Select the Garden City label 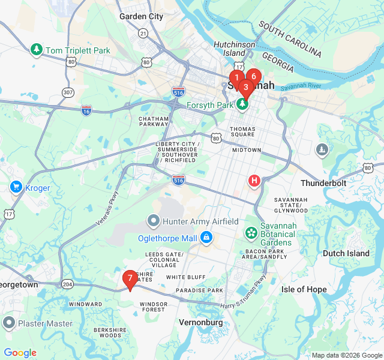click(x=141, y=17)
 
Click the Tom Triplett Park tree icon click(x=36, y=49)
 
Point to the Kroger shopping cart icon click(x=16, y=187)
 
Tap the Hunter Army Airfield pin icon click(x=154, y=221)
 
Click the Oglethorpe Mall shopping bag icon click(x=206, y=238)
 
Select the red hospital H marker click(x=254, y=180)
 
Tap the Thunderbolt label click(x=324, y=183)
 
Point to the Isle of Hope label click(x=304, y=289)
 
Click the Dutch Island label click(x=346, y=253)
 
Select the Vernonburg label click(x=201, y=322)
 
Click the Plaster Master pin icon click(x=8, y=324)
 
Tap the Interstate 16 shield click(x=86, y=110)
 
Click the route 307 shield click(x=68, y=92)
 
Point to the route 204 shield click(x=68, y=284)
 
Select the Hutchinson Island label click(x=235, y=49)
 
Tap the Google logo click(x=20, y=353)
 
